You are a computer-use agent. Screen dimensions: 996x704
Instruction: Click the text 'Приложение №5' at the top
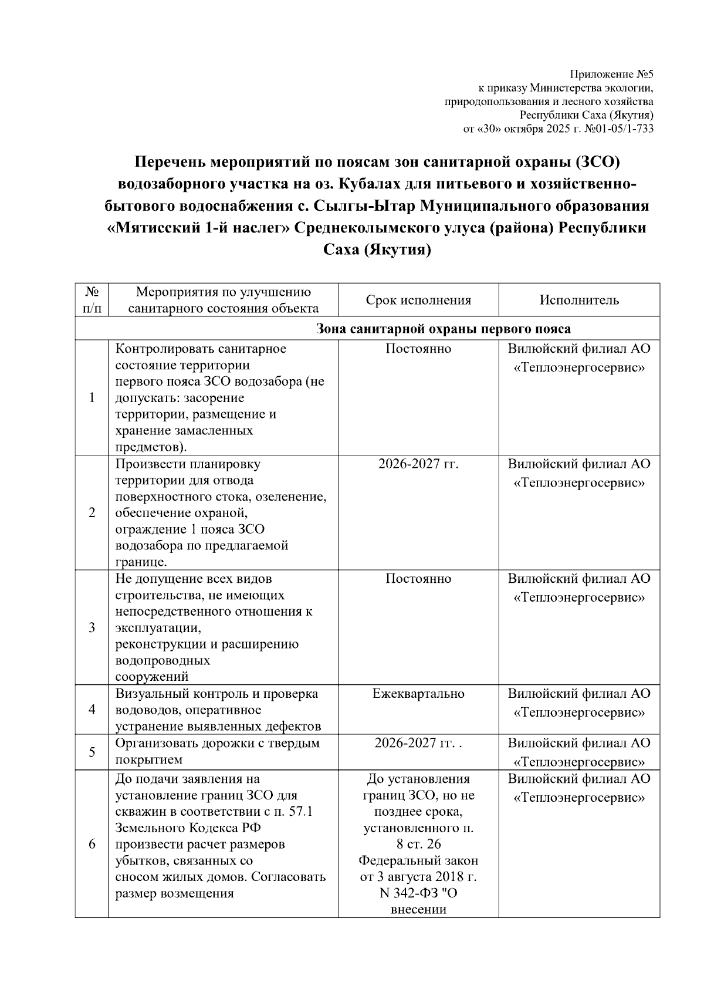[x=611, y=75]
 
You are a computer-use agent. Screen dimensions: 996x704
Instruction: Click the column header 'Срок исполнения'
[x=418, y=301]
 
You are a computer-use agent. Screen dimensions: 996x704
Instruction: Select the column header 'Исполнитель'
[x=579, y=301]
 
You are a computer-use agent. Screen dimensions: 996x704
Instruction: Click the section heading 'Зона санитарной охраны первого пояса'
[x=444, y=329]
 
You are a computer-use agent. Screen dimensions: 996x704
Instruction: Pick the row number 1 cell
[x=92, y=398]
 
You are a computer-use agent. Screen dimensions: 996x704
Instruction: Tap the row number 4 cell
[x=92, y=710]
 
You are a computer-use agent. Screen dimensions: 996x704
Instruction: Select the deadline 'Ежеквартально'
[x=418, y=694]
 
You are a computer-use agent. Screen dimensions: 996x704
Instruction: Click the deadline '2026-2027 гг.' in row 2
[x=418, y=464]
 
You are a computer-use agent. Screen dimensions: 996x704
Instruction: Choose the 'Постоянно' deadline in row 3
[x=418, y=579]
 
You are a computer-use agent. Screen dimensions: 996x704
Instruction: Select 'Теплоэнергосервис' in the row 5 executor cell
[x=579, y=762]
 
